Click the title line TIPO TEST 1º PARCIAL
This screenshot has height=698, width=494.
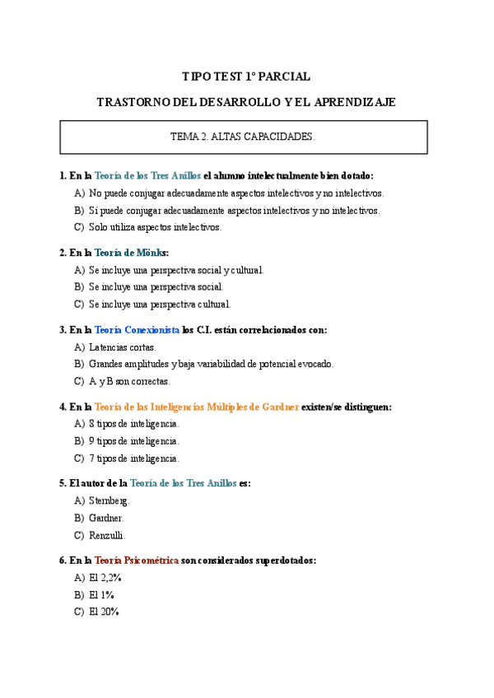[246, 77]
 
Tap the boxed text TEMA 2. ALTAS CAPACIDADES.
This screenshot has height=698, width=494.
[243, 137]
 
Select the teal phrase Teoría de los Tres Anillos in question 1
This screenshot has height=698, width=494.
[147, 175]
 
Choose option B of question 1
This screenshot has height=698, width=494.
[234, 210]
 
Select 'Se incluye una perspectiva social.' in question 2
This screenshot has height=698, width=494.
[156, 287]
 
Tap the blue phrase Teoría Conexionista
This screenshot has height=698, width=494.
[137, 329]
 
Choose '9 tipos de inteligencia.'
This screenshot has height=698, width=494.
[133, 441]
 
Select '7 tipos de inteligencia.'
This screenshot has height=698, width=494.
[133, 458]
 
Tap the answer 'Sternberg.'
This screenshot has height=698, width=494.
[110, 500]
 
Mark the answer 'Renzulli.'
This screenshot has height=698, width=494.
[107, 535]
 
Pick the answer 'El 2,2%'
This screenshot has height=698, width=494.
[105, 578]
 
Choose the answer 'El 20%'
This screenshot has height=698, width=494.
[104, 612]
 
